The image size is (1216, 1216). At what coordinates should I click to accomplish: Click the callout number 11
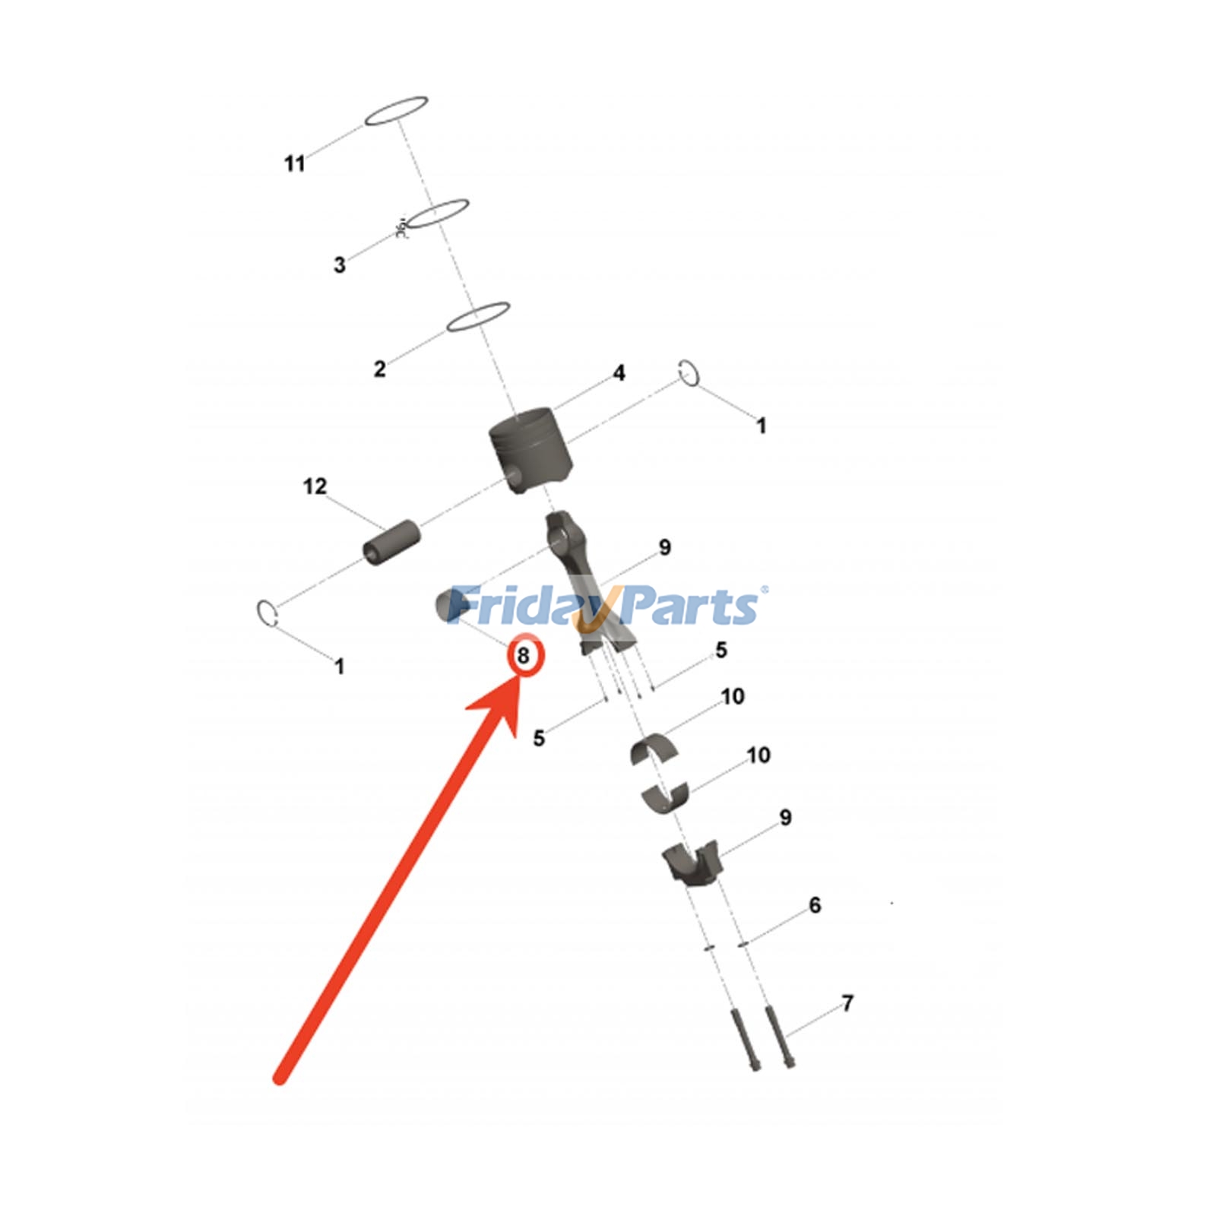click(x=294, y=163)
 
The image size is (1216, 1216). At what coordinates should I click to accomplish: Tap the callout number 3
click(x=340, y=265)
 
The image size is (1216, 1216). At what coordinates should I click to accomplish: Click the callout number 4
click(x=619, y=373)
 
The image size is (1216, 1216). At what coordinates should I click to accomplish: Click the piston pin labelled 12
click(x=391, y=543)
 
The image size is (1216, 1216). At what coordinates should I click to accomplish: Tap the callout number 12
click(x=315, y=486)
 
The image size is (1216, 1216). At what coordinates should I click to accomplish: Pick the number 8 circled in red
click(x=524, y=655)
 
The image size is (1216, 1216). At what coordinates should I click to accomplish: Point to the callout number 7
click(x=848, y=1004)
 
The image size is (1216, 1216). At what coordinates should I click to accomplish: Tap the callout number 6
click(x=815, y=905)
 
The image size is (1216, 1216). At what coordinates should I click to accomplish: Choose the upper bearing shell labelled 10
click(x=654, y=749)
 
